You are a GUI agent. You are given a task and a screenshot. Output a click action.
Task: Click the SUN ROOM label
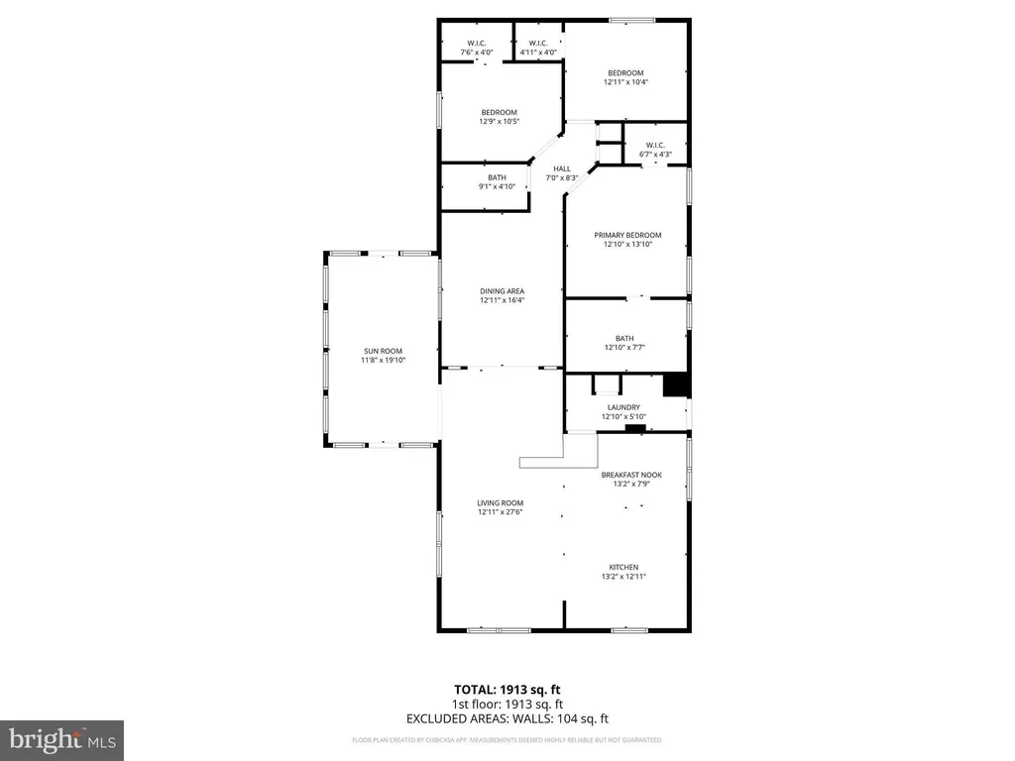pyautogui.click(x=383, y=351)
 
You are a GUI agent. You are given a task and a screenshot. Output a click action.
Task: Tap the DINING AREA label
pyautogui.click(x=502, y=290)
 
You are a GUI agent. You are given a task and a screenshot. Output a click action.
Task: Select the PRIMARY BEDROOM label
pyautogui.click(x=627, y=235)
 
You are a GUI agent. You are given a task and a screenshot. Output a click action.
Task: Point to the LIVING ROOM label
pyautogui.click(x=500, y=502)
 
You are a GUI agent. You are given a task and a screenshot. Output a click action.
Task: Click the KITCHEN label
pyautogui.click(x=623, y=567)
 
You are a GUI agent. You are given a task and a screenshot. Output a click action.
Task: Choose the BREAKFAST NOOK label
pyautogui.click(x=631, y=475)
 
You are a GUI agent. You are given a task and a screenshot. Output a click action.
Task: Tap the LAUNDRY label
pyautogui.click(x=623, y=407)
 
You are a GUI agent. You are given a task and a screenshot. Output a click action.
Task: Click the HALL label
pyautogui.click(x=562, y=168)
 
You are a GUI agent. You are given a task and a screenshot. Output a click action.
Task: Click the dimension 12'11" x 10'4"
pyautogui.click(x=625, y=82)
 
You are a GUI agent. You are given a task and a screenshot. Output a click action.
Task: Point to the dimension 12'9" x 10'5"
pyautogui.click(x=500, y=122)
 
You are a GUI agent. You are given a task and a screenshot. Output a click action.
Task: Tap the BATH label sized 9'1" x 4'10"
pyautogui.click(x=497, y=177)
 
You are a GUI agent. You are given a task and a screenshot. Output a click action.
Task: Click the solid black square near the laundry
pyautogui.click(x=676, y=385)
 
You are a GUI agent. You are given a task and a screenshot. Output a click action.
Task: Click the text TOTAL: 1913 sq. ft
pyautogui.click(x=507, y=689)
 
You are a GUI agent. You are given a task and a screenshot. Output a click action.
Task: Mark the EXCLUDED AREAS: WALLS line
pyautogui.click(x=507, y=718)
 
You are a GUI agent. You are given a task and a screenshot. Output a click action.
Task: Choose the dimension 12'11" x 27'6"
pyautogui.click(x=500, y=512)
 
